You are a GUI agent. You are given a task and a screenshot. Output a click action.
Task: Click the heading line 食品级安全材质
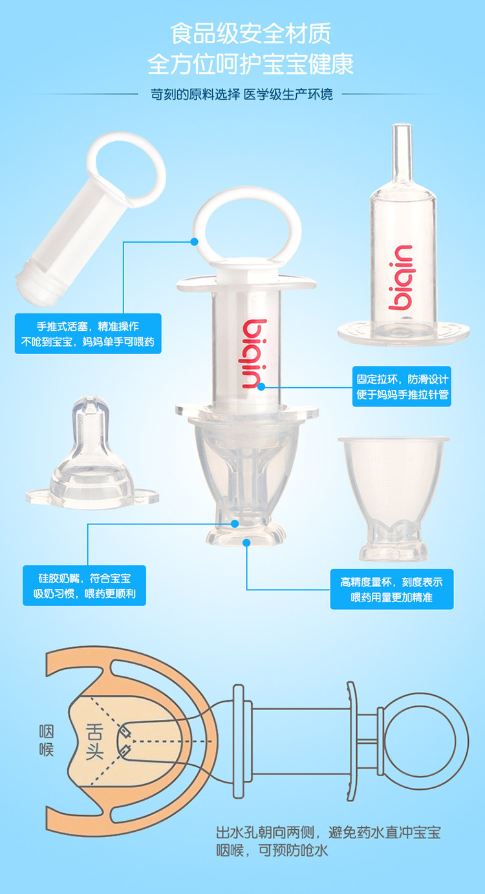click(251, 34)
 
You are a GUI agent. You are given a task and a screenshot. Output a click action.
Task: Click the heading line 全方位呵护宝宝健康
click(251, 64)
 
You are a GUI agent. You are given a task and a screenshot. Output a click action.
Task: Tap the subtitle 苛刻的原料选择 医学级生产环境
click(241, 95)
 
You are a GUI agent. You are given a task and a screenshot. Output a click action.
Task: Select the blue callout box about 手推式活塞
click(88, 333)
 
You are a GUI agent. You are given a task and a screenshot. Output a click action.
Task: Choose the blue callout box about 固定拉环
click(402, 386)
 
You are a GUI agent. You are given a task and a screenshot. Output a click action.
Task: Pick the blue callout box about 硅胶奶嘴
click(84, 585)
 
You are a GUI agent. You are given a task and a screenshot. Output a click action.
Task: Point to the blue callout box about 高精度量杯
click(392, 589)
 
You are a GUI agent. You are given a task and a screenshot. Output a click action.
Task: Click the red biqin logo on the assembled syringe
click(255, 353)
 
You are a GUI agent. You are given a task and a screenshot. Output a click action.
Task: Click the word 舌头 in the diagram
click(94, 742)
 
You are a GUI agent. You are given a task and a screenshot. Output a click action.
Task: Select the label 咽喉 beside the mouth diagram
click(46, 741)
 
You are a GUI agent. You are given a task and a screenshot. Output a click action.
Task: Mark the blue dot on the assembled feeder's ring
click(195, 241)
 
